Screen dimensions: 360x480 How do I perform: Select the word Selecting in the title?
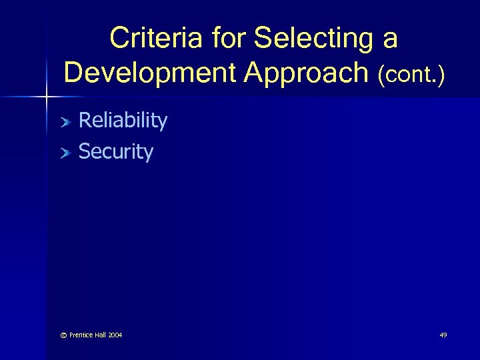(x=314, y=38)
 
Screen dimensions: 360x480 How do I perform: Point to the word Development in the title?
(x=150, y=73)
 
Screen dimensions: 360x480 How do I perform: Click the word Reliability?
(x=123, y=121)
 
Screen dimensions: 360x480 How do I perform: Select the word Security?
(x=115, y=152)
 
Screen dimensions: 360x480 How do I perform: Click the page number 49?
(x=443, y=335)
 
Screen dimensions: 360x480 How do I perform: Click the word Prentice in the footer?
(x=75, y=335)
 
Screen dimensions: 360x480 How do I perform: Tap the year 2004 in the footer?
(x=115, y=335)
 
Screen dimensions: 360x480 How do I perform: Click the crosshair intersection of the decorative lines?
(x=45, y=98)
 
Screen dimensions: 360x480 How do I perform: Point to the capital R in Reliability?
(x=85, y=121)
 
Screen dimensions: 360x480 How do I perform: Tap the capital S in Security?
(x=84, y=152)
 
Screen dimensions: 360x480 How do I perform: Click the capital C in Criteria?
(x=120, y=38)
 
